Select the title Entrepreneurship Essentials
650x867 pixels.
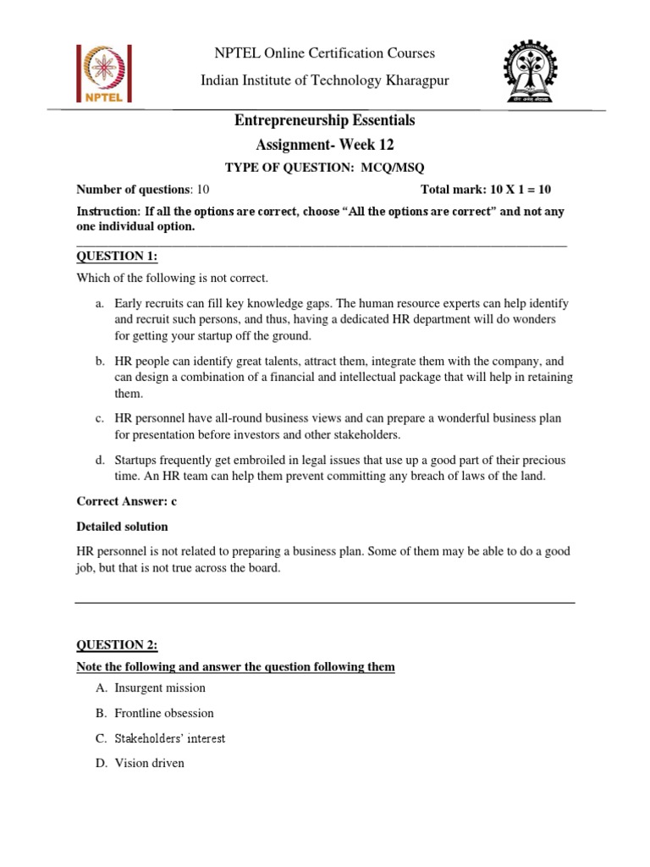click(325, 121)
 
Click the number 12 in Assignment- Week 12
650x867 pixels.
click(385, 145)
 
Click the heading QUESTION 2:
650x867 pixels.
click(118, 645)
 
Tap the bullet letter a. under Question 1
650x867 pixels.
click(100, 303)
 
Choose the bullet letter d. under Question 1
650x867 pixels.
click(100, 460)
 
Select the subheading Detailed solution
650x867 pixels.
click(123, 527)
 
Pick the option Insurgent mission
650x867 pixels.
click(161, 688)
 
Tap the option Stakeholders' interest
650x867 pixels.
click(171, 738)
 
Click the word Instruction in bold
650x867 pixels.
click(107, 211)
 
